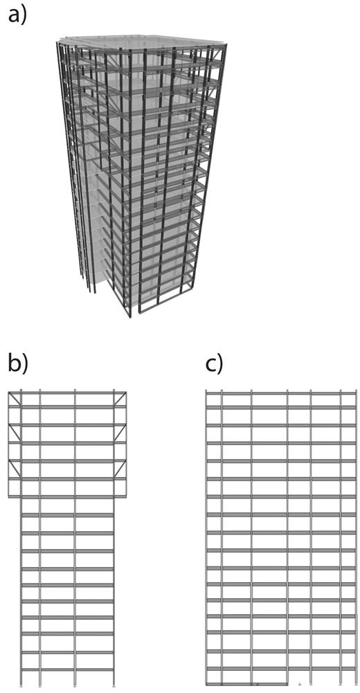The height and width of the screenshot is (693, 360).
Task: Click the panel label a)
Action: pyautogui.click(x=17, y=17)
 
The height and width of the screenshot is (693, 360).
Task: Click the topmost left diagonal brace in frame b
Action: pyautogui.click(x=15, y=399)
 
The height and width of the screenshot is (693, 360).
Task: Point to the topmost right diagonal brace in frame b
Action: pyautogui.click(x=120, y=399)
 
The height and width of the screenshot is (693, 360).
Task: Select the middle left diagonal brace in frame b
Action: pyautogui.click(x=15, y=433)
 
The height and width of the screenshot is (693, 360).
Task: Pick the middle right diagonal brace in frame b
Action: pyautogui.click(x=120, y=433)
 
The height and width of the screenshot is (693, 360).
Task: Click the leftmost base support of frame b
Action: pyautogui.click(x=21, y=685)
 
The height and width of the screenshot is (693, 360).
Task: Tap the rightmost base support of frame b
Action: pyautogui.click(x=114, y=685)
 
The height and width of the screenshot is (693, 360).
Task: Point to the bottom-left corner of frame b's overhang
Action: pyautogui.click(x=9, y=497)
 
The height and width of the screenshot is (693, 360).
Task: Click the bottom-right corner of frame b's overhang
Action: pyautogui.click(x=126, y=497)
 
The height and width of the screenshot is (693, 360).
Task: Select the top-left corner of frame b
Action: pyautogui.click(x=9, y=392)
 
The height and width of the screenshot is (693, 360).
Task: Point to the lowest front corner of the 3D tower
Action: pyautogui.click(x=129, y=316)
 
